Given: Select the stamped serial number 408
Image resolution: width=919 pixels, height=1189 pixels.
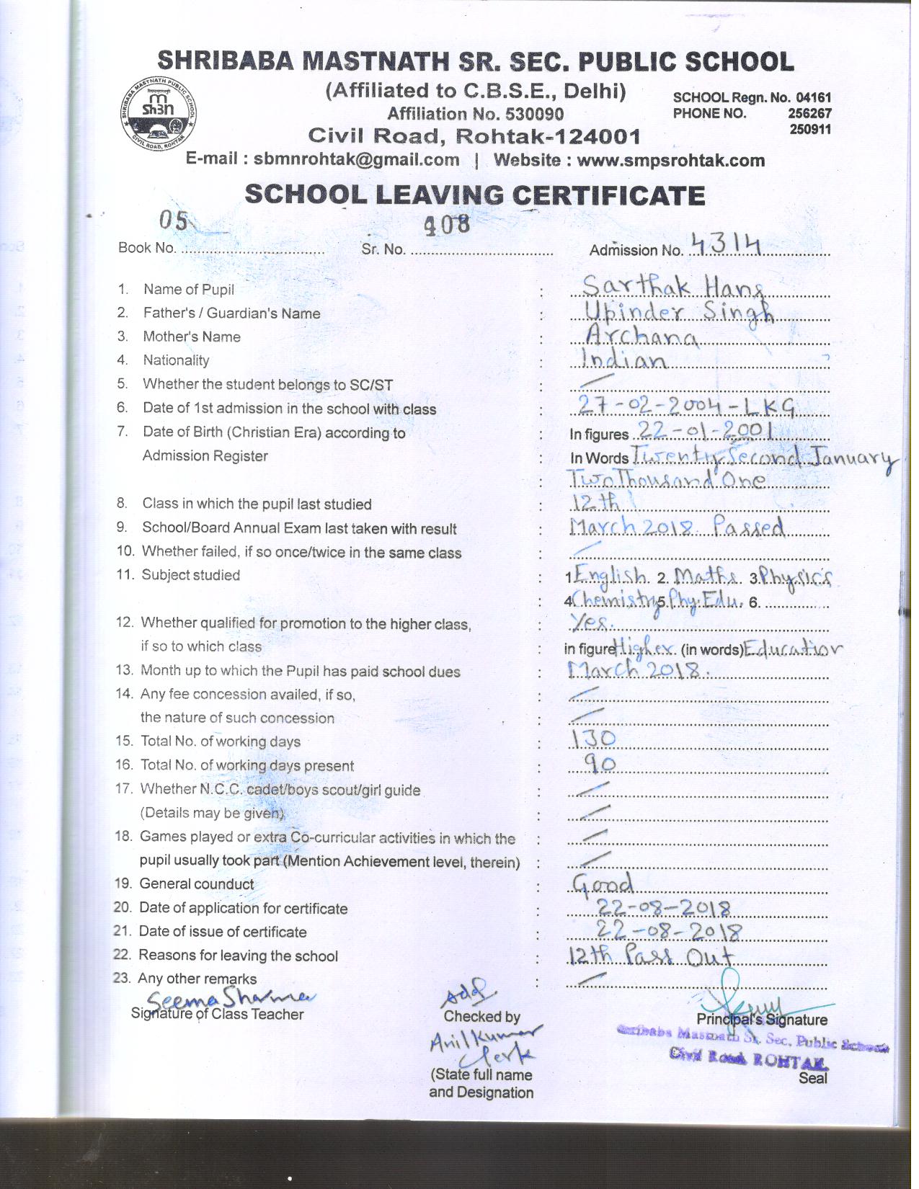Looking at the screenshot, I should coord(447,226).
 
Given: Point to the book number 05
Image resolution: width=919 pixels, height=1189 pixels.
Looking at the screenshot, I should coord(173,221).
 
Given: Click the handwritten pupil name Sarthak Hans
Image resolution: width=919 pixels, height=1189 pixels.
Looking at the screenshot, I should coord(672,287).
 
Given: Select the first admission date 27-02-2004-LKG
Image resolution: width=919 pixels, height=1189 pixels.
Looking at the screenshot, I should coord(686,408).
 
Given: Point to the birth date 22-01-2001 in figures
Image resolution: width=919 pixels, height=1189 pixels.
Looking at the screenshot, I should coord(703,432).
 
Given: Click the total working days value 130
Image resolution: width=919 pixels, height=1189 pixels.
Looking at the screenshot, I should coord(593,738).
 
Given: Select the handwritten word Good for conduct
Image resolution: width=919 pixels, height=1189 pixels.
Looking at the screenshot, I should coord(603,883).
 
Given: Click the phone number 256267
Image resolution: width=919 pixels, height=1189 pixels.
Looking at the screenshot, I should coord(810,113).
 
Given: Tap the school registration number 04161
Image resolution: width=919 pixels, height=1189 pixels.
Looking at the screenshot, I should coord(814,97).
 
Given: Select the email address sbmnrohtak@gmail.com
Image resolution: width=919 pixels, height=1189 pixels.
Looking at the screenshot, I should coord(356,159).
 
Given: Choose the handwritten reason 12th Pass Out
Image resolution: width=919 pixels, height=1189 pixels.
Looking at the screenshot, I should coord(650,957).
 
